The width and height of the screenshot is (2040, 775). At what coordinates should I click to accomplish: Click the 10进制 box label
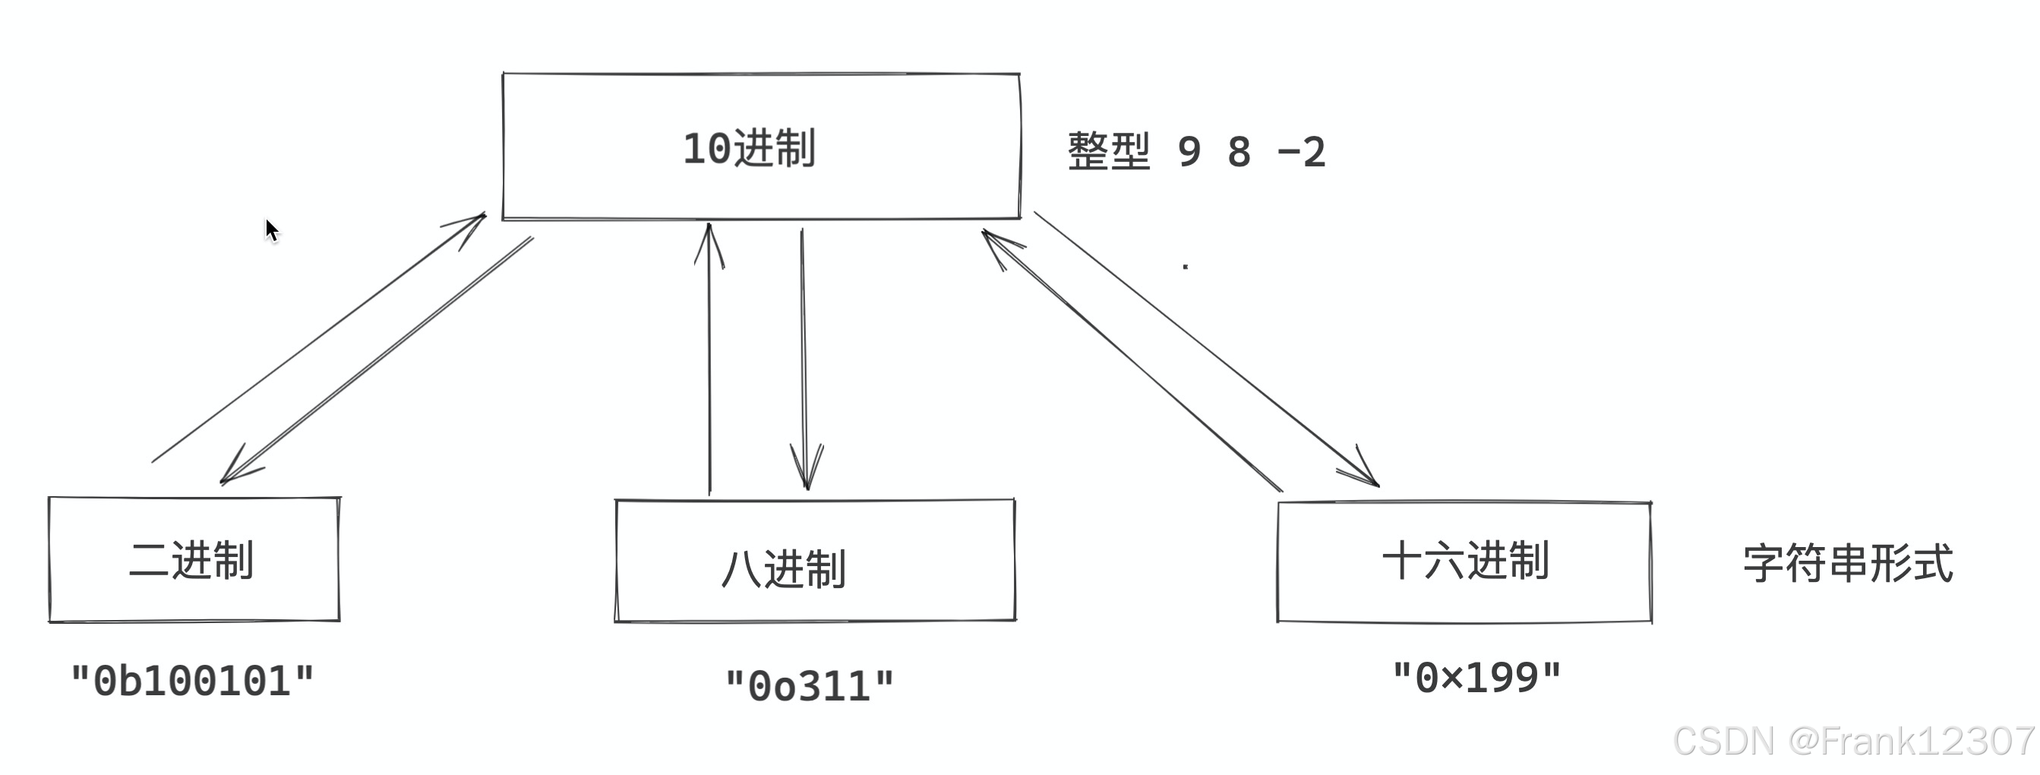748,148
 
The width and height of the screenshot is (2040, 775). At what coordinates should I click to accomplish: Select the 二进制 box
194,559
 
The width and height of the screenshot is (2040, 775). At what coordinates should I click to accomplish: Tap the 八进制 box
814,561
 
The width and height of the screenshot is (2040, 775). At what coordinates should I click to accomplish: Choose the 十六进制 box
1464,561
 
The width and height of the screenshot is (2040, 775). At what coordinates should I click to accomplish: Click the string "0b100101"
192,681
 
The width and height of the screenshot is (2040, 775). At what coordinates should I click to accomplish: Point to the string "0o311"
810,685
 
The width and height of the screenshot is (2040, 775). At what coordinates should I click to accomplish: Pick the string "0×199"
1476,678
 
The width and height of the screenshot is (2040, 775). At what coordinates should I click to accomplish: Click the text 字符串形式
1848,564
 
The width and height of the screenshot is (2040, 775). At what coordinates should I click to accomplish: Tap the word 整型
1108,150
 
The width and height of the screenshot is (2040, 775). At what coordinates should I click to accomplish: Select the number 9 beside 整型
1189,151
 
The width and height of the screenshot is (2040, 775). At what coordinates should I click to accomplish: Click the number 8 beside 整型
1239,151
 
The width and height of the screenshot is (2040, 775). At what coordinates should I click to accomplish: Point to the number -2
1301,151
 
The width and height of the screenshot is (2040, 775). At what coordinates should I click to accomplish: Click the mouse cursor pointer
271,229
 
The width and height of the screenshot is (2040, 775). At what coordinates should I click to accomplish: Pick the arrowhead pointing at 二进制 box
233,471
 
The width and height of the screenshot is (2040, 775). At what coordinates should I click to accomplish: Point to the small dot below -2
1185,267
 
